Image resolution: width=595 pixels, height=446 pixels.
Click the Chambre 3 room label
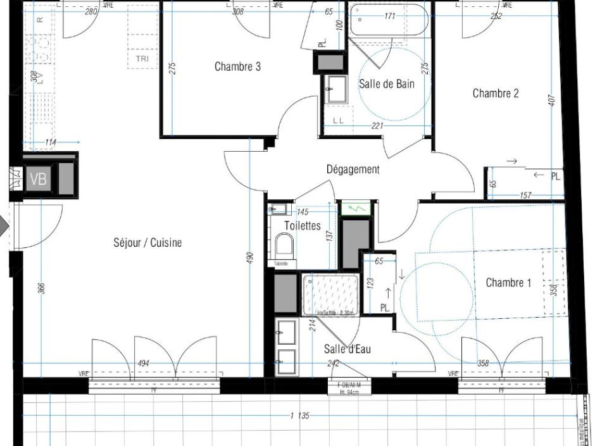tap(237, 66)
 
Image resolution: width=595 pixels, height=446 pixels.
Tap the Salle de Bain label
tap(387, 84)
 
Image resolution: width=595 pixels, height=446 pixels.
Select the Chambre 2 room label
tap(496, 93)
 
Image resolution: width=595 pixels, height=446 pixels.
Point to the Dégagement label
tap(353, 169)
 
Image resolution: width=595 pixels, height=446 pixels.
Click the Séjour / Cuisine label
tap(147, 242)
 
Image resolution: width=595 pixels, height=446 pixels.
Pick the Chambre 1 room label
tap(508, 283)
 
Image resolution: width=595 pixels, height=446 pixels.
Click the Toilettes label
tap(303, 225)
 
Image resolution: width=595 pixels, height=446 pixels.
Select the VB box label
tap(38, 179)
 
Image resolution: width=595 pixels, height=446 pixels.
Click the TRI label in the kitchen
tap(142, 59)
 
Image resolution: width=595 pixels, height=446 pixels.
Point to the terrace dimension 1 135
tap(299, 416)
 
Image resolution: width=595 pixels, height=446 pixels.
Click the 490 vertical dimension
tap(250, 258)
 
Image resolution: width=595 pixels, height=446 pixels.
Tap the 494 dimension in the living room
tap(144, 363)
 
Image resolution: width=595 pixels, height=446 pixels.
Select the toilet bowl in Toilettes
tap(285, 245)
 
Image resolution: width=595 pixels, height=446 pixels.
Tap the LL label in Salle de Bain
tap(338, 120)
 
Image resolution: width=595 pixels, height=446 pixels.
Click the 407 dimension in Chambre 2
tap(552, 100)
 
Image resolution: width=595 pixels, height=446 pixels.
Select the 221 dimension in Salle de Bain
tap(377, 127)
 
